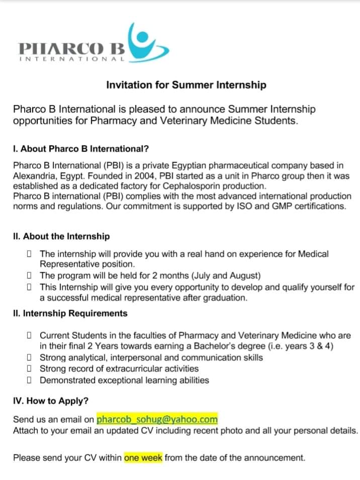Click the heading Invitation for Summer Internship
pos(186,85)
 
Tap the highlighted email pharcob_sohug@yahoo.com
pos(157,419)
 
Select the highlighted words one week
pos(143,458)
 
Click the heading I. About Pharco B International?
pos(81,149)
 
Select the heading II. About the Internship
pos(61,236)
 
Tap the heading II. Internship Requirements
pos(70,313)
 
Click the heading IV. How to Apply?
pos(51,401)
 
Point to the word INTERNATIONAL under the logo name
pos(71,59)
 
